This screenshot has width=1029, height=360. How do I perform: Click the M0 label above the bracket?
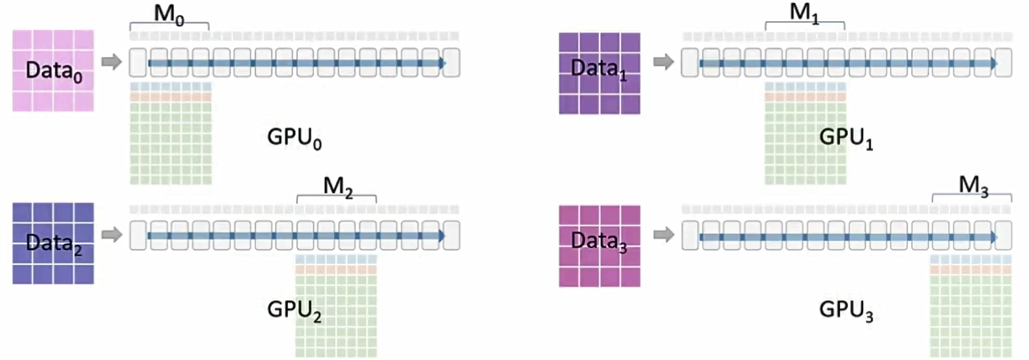169,14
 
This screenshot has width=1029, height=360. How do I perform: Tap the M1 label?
804,12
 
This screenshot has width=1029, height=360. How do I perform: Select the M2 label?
337,186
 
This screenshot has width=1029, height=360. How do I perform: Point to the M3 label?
973,185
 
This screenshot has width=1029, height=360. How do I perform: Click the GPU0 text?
294,138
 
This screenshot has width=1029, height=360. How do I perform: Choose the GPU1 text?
845,138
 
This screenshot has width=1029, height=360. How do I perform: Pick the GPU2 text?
294,310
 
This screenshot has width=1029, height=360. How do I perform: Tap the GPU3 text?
845,310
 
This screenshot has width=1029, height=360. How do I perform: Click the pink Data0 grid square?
53,70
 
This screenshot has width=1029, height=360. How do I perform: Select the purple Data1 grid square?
599,73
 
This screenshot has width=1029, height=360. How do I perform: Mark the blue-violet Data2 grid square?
53,243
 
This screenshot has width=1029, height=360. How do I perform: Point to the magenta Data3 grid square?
599,246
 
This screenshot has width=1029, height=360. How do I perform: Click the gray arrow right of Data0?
112,62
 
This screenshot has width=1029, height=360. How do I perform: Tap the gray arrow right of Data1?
663,62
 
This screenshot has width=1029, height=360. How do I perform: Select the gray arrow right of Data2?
112,234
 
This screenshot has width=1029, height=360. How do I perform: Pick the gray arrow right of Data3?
663,234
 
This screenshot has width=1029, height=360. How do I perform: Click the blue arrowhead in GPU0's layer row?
441,63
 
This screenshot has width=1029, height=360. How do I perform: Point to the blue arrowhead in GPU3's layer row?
993,237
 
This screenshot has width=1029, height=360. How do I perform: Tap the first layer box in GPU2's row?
138,235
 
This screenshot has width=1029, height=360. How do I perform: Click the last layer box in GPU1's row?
1003,63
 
